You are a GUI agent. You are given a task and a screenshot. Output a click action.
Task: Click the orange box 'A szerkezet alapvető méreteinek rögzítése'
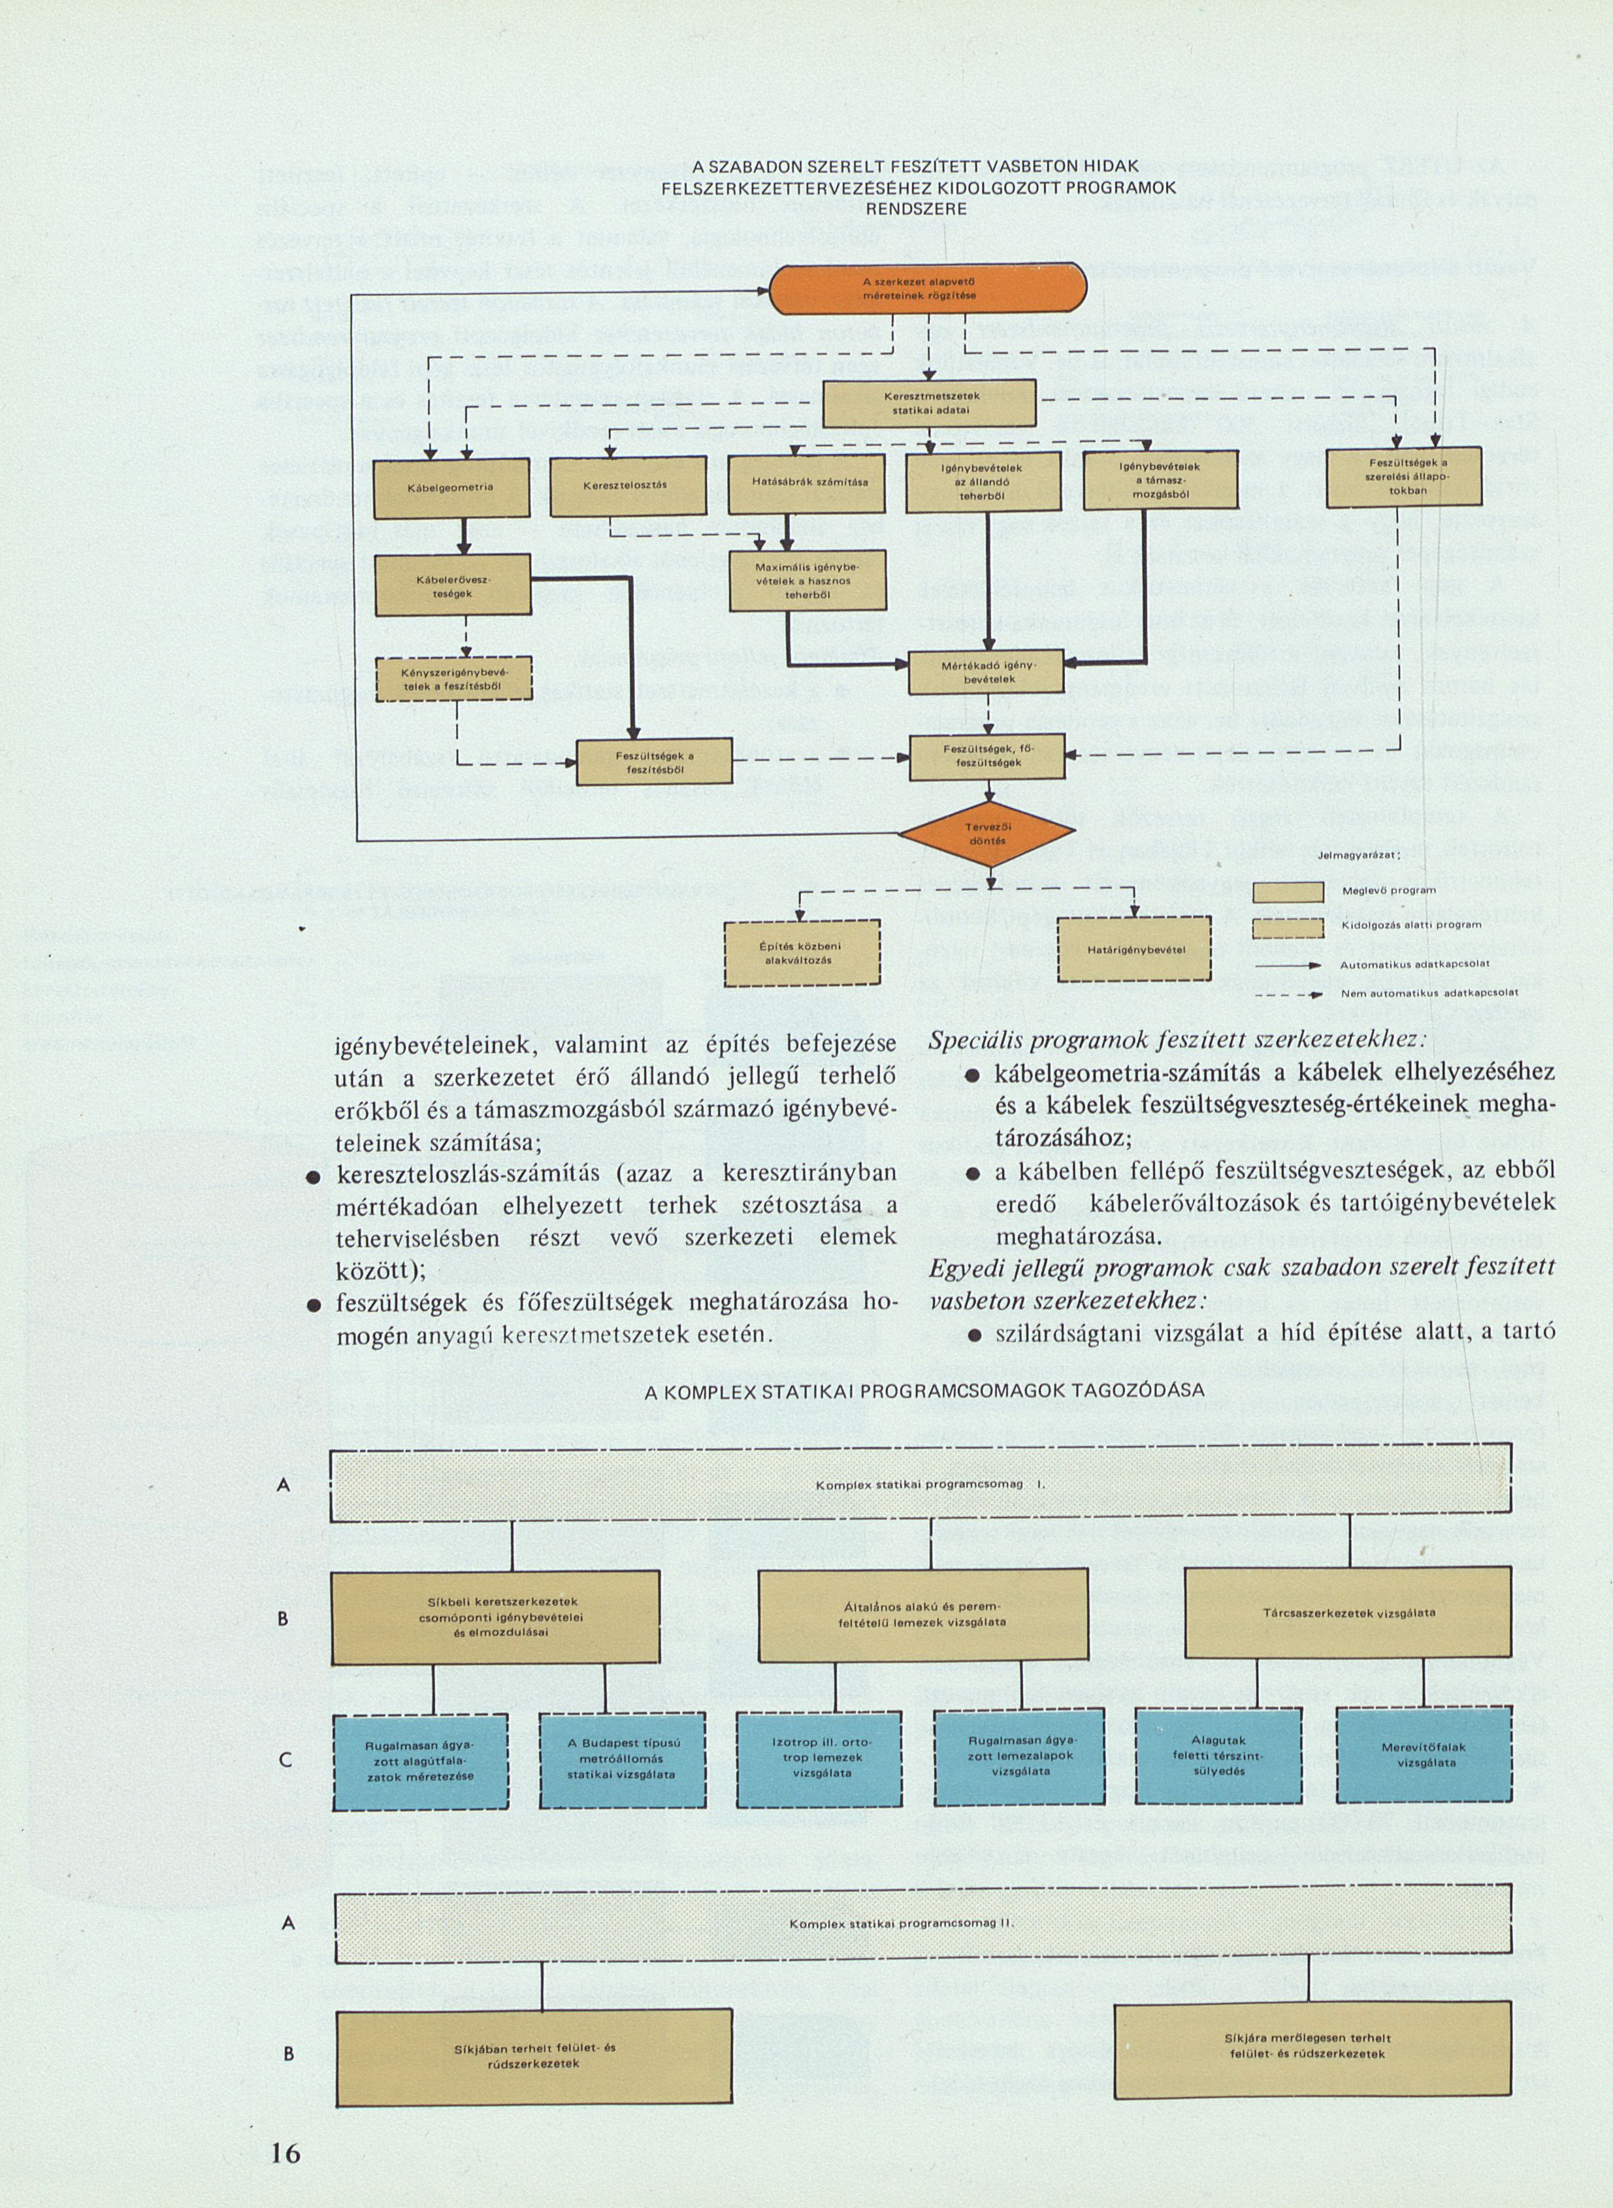tap(928, 289)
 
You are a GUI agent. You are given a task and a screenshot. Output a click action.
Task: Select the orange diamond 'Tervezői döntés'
tap(987, 834)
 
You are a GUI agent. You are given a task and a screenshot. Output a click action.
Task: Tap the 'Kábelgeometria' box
tap(451, 486)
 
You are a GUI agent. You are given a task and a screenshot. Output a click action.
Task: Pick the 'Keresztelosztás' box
tap(628, 485)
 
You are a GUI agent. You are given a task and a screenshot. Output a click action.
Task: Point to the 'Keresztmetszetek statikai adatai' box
tap(928, 403)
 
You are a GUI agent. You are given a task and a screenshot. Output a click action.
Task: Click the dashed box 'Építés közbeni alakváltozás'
tap(802, 952)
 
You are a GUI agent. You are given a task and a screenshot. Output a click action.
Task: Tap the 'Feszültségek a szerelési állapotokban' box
tap(1404, 476)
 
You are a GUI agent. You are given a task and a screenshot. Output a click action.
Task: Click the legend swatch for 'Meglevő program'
tap(1288, 890)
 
